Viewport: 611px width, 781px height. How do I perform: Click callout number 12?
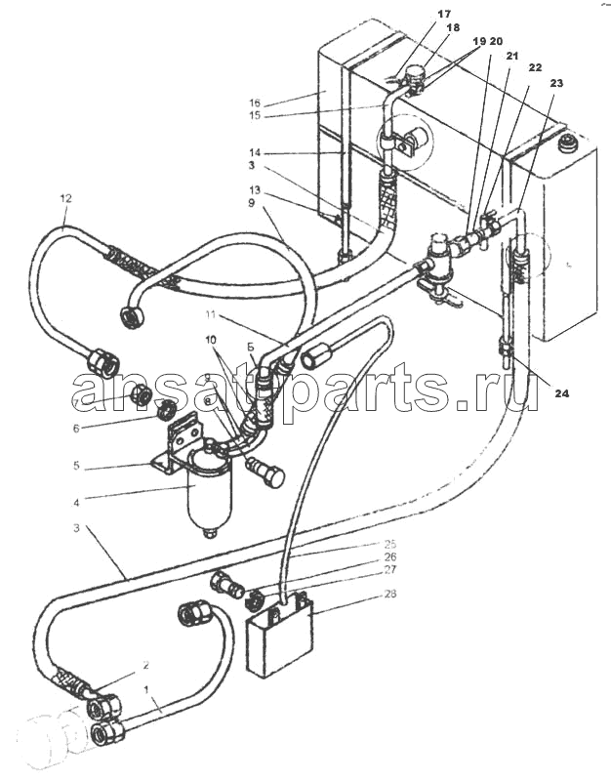[x=65, y=198]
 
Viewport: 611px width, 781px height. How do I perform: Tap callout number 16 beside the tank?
[x=254, y=102]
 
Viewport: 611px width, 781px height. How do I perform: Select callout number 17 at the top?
[x=417, y=15]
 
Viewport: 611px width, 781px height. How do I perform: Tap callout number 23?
[x=556, y=84]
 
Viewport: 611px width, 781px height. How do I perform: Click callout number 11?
[x=212, y=313]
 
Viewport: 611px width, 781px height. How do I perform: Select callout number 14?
[x=254, y=153]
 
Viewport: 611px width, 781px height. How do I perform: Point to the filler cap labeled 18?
[x=416, y=72]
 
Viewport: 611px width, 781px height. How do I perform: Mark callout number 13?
[x=254, y=188]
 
